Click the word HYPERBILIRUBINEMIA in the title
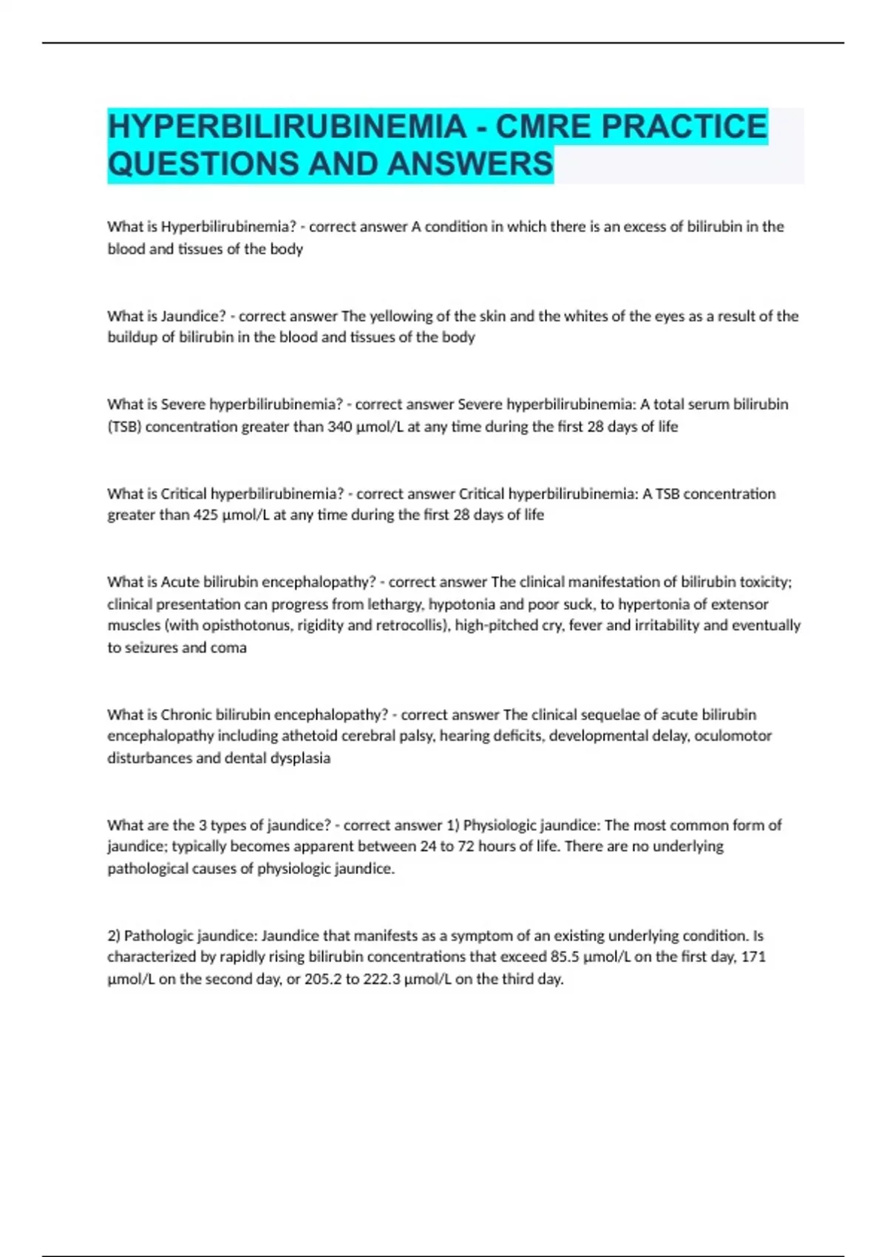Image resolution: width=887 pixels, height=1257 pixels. point(287,126)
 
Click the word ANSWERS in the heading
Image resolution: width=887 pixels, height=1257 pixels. point(469,164)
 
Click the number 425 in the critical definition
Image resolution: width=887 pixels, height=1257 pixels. point(205,515)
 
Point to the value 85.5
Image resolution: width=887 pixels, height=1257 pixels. point(565,957)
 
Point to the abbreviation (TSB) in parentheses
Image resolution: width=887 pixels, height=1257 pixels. point(124,427)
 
